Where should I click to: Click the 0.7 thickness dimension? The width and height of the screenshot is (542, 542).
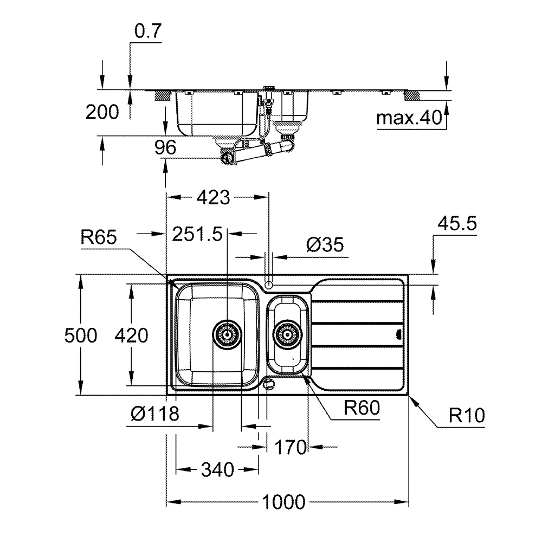click(147, 32)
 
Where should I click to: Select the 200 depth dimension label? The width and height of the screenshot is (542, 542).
click(102, 112)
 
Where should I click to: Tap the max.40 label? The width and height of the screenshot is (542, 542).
click(409, 118)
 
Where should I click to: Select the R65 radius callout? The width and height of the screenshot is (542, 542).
click(99, 237)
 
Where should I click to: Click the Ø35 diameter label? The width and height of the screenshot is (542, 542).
click(325, 245)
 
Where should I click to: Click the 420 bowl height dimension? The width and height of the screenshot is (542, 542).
click(131, 336)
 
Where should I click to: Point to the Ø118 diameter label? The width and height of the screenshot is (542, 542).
click(154, 415)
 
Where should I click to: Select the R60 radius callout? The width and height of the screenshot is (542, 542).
click(360, 407)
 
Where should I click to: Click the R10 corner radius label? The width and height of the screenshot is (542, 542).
click(467, 416)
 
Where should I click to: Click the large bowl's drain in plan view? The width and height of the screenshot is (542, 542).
click(228, 335)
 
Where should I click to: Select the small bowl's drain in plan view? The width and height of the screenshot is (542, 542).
click(287, 335)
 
